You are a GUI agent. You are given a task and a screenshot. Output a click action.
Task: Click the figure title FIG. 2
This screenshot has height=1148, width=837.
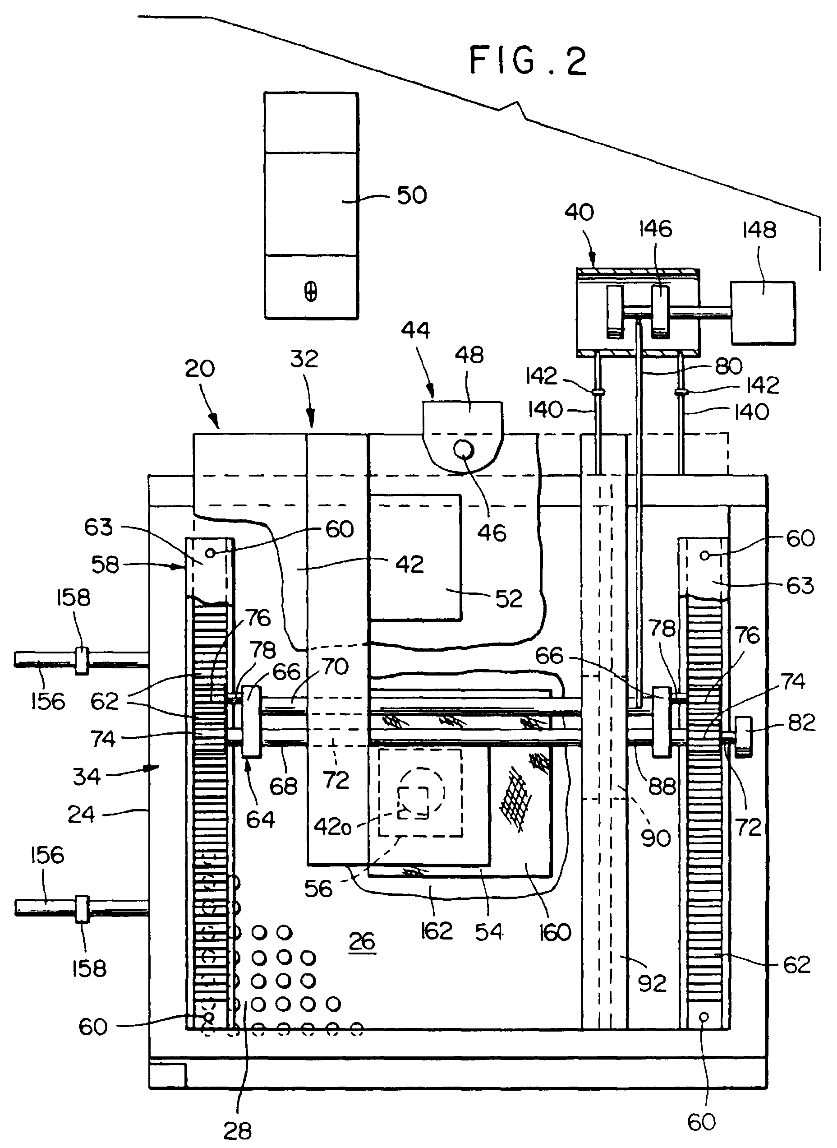(528, 61)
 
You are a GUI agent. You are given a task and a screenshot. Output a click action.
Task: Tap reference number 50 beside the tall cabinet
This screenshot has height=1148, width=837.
(412, 195)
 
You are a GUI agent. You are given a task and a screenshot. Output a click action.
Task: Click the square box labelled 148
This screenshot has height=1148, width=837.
(763, 313)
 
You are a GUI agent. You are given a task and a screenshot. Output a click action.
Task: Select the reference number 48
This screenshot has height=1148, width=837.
(469, 355)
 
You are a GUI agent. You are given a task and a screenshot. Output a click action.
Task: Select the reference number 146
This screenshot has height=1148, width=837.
(656, 229)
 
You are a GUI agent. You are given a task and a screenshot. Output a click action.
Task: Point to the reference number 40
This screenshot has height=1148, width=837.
(579, 213)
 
